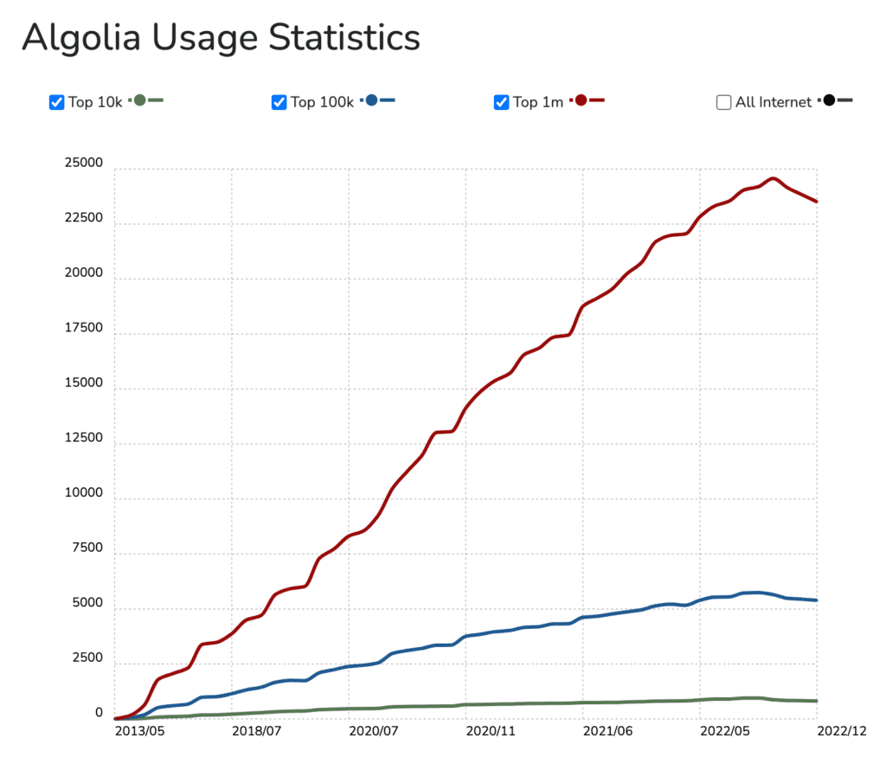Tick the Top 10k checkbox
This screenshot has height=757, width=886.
point(57,102)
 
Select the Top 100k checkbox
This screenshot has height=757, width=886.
point(279,102)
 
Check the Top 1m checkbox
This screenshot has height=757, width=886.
point(502,102)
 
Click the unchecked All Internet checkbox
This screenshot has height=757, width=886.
point(724,102)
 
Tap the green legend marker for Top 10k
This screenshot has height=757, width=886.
point(141,100)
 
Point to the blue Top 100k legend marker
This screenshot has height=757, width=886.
point(373,100)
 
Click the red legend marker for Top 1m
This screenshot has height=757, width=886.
point(581,100)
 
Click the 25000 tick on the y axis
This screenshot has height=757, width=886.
point(84,164)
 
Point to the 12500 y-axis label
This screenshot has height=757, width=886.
point(84,439)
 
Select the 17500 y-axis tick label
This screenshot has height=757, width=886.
point(84,329)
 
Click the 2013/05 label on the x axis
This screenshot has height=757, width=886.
point(140,731)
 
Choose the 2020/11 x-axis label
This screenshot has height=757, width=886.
point(491,731)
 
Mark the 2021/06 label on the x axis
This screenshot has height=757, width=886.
point(608,731)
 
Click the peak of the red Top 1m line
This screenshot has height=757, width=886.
point(774,178)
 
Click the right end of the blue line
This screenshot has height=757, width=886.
point(816,600)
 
